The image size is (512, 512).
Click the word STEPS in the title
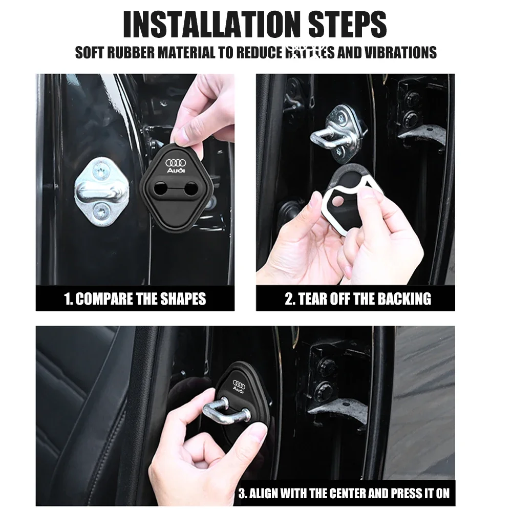click(x=348, y=24)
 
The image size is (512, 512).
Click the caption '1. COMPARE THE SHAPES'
click(x=135, y=299)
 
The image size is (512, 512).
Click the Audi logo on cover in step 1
click(x=176, y=166)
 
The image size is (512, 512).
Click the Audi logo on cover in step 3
click(x=239, y=386)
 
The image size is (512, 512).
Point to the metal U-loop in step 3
click(x=225, y=410)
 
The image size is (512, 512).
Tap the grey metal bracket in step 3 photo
click(x=338, y=410)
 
